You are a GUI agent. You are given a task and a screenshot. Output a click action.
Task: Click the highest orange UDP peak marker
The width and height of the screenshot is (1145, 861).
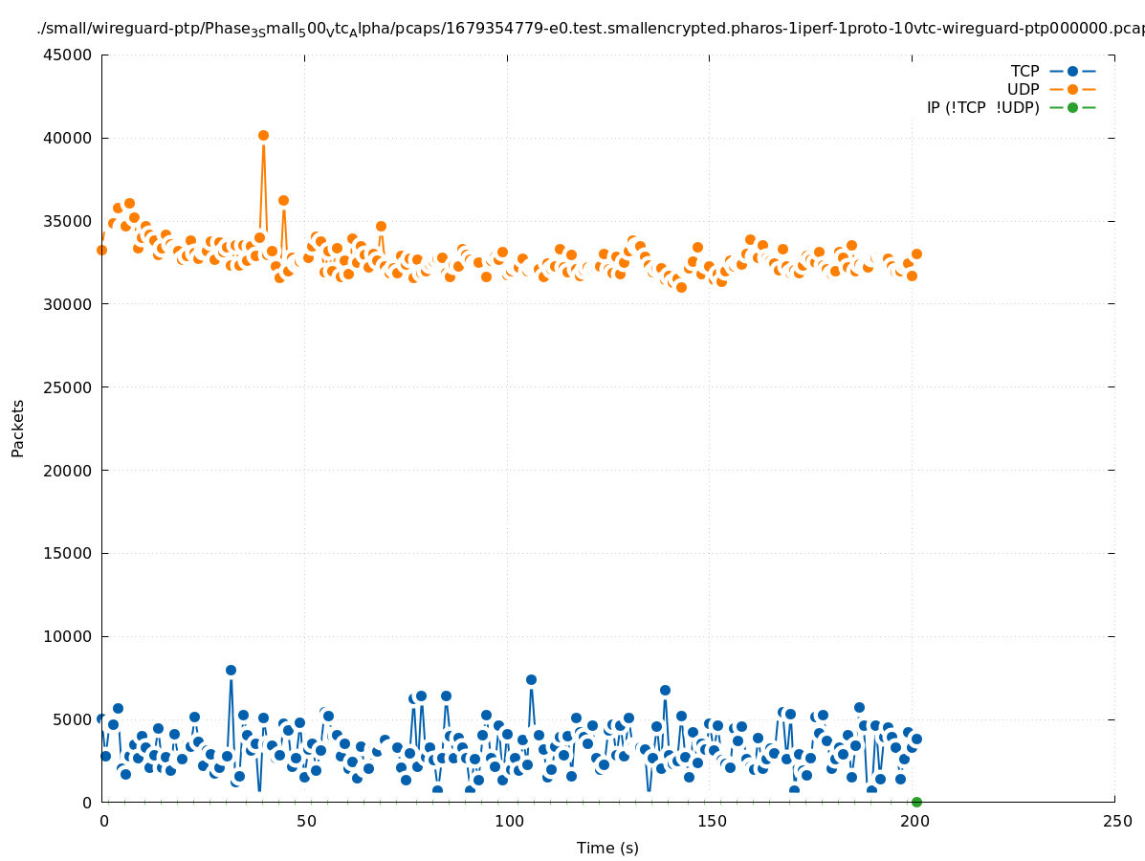pyautogui.click(x=263, y=136)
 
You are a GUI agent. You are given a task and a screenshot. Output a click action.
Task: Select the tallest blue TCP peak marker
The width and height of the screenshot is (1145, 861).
pyautogui.click(x=231, y=670)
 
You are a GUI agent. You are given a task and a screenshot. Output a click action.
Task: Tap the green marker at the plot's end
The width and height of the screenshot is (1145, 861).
pyautogui.click(x=916, y=802)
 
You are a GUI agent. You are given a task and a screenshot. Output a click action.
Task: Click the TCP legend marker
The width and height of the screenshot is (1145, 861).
pyautogui.click(x=1072, y=71)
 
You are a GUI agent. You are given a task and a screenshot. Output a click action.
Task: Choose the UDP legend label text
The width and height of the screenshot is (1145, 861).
pyautogui.click(x=1023, y=90)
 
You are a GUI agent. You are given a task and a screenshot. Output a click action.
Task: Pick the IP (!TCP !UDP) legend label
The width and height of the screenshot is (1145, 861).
pyautogui.click(x=982, y=108)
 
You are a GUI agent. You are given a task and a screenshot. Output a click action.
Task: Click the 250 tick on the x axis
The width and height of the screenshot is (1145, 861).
pyautogui.click(x=1116, y=821)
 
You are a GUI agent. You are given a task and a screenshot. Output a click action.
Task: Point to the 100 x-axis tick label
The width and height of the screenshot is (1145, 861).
pyautogui.click(x=509, y=821)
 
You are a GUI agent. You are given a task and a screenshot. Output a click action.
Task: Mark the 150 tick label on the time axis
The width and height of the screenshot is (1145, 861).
pyautogui.click(x=711, y=821)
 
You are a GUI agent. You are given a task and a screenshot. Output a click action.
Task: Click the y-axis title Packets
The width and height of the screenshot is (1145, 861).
pyautogui.click(x=18, y=428)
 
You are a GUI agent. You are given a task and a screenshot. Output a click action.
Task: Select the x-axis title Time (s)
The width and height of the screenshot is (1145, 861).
pyautogui.click(x=607, y=848)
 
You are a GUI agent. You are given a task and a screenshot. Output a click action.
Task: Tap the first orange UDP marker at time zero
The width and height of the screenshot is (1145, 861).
pyautogui.click(x=101, y=250)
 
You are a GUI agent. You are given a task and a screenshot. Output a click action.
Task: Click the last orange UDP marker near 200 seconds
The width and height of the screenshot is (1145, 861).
pyautogui.click(x=916, y=254)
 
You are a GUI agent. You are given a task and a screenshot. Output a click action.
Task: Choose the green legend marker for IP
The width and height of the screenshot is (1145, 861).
pyautogui.click(x=1072, y=107)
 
